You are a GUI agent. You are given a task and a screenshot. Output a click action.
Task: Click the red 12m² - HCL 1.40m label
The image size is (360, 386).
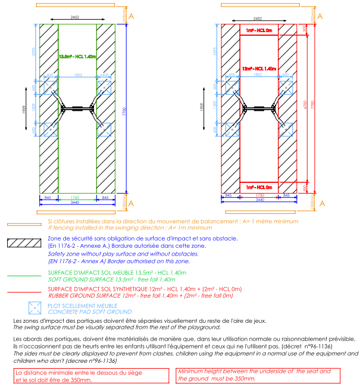click(x=259, y=69)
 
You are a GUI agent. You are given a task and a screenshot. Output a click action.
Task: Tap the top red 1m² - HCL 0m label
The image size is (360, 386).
click(x=259, y=29)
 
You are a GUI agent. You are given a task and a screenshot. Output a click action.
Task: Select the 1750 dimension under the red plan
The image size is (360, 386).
click(x=259, y=195)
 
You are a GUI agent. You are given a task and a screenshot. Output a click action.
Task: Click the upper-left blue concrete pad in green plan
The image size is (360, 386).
click(x=50, y=87)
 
